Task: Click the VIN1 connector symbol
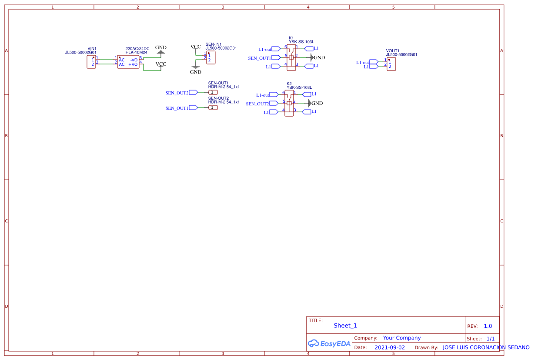tap(91, 62)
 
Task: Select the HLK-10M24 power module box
tap(128, 62)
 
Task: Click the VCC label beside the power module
tap(161, 64)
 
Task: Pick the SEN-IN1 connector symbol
tap(211, 57)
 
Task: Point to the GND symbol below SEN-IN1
tap(196, 67)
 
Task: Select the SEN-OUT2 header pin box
tap(213, 108)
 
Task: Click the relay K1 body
tap(291, 57)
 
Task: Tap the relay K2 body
tap(289, 103)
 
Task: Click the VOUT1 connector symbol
tap(391, 64)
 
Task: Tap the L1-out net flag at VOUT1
tap(374, 62)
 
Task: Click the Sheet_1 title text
tap(345, 326)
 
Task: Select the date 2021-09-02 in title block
tap(389, 347)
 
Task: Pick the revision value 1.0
tap(488, 326)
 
